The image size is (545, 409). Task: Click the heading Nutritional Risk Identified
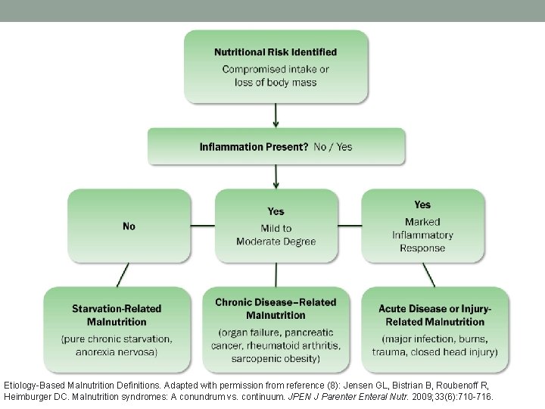click(x=276, y=52)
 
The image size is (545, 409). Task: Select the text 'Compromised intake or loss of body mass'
click(x=276, y=76)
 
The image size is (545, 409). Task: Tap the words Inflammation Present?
click(x=254, y=146)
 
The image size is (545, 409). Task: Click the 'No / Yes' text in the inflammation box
click(x=333, y=146)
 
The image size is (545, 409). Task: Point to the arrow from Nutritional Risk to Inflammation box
click(x=276, y=114)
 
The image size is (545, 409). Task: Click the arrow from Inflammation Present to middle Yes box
click(x=276, y=176)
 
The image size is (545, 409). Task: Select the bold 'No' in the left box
click(x=129, y=226)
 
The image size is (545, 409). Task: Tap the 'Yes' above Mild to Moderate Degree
click(x=276, y=211)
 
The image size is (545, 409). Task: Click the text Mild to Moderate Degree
click(x=276, y=235)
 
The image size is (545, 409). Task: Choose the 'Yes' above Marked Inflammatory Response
click(x=422, y=204)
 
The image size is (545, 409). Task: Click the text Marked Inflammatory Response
click(x=422, y=234)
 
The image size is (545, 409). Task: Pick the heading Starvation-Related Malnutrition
click(x=117, y=316)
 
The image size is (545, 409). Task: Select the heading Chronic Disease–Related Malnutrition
click(x=276, y=308)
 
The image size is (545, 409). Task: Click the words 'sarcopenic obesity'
click(x=276, y=357)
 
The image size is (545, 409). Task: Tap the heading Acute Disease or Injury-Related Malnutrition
click(x=434, y=316)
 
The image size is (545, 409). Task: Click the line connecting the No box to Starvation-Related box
click(x=122, y=274)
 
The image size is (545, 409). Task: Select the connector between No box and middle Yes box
click(x=202, y=226)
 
